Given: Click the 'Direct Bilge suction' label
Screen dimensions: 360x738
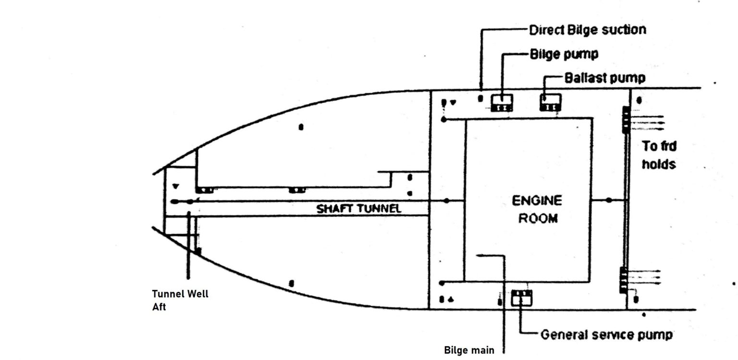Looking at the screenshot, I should pyautogui.click(x=587, y=30).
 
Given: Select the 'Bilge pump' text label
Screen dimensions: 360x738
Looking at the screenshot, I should pyautogui.click(x=564, y=53).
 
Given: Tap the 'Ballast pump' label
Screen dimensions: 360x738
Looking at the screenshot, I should pyautogui.click(x=604, y=77).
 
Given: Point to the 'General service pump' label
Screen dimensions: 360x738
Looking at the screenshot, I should pyautogui.click(x=606, y=335).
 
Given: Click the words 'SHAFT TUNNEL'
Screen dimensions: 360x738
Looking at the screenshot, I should pyautogui.click(x=359, y=209).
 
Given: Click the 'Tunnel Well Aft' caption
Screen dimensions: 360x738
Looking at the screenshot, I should pyautogui.click(x=180, y=300).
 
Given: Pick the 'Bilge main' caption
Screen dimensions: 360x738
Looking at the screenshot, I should pyautogui.click(x=468, y=350).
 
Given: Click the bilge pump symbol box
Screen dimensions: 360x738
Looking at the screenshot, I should pyautogui.click(x=502, y=103).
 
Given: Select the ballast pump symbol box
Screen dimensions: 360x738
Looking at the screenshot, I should pyautogui.click(x=550, y=103).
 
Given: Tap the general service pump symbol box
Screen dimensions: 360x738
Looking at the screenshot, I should pyautogui.click(x=521, y=298).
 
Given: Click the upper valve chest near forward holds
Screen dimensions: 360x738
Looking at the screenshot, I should pyautogui.click(x=626, y=120).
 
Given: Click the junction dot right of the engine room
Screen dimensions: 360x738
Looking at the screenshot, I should pyautogui.click(x=609, y=199).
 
